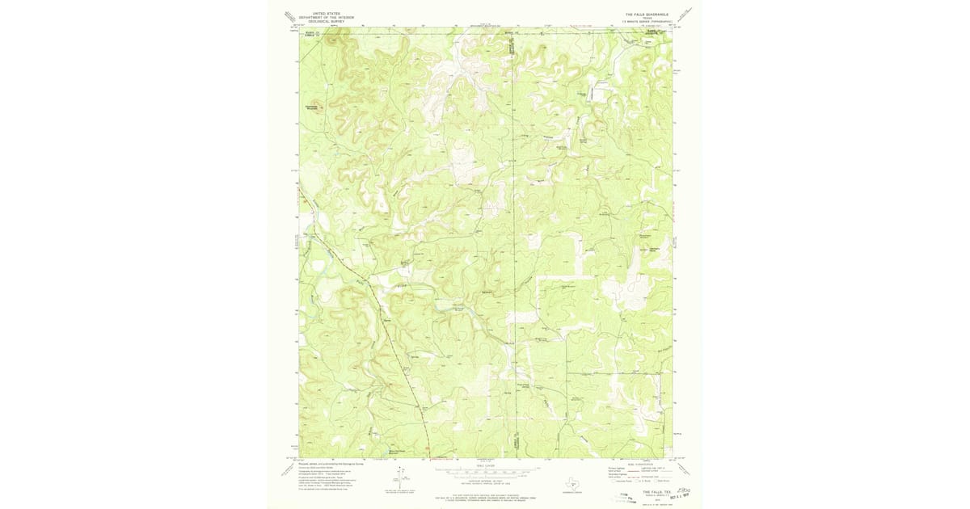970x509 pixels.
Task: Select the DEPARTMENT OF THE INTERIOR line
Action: (316, 17)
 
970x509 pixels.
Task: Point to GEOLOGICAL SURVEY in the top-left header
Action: (316, 21)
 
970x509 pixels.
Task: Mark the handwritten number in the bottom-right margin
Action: (685, 489)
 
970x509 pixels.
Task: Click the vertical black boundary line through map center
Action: (514, 242)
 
